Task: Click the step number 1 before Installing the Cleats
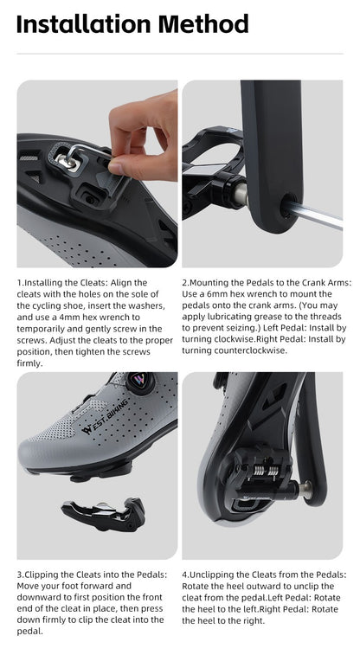19,282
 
